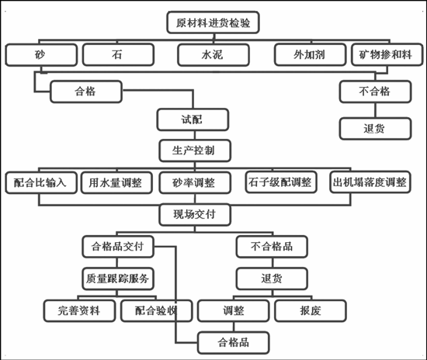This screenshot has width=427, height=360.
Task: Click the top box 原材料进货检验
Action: click(213, 22)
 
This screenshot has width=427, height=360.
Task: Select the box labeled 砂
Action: click(41, 54)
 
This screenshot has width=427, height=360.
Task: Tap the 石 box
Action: click(118, 54)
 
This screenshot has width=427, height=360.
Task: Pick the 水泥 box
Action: click(213, 55)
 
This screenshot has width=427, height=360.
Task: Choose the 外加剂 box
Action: click(311, 54)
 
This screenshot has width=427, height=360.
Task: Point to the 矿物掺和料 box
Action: click(387, 54)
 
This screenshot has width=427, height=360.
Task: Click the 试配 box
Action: click(193, 119)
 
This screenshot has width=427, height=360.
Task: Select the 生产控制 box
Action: click(195, 151)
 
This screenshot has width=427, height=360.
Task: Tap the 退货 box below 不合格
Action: click(375, 129)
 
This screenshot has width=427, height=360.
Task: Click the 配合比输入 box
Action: click(41, 182)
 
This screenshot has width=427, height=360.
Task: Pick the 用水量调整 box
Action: click(116, 182)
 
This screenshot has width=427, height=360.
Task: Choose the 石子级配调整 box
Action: click(281, 182)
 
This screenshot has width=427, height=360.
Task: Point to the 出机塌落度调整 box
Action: click(370, 182)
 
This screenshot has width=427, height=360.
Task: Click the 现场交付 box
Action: click(195, 215)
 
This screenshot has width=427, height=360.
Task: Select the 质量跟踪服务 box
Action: click(118, 279)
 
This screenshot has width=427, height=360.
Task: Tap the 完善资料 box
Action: click(79, 311)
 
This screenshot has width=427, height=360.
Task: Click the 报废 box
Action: click(311, 311)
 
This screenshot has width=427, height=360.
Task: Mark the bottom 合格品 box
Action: click(234, 343)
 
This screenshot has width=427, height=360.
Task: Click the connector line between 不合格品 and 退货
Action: click(273, 262)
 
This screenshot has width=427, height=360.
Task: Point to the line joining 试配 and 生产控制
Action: click(194, 135)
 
